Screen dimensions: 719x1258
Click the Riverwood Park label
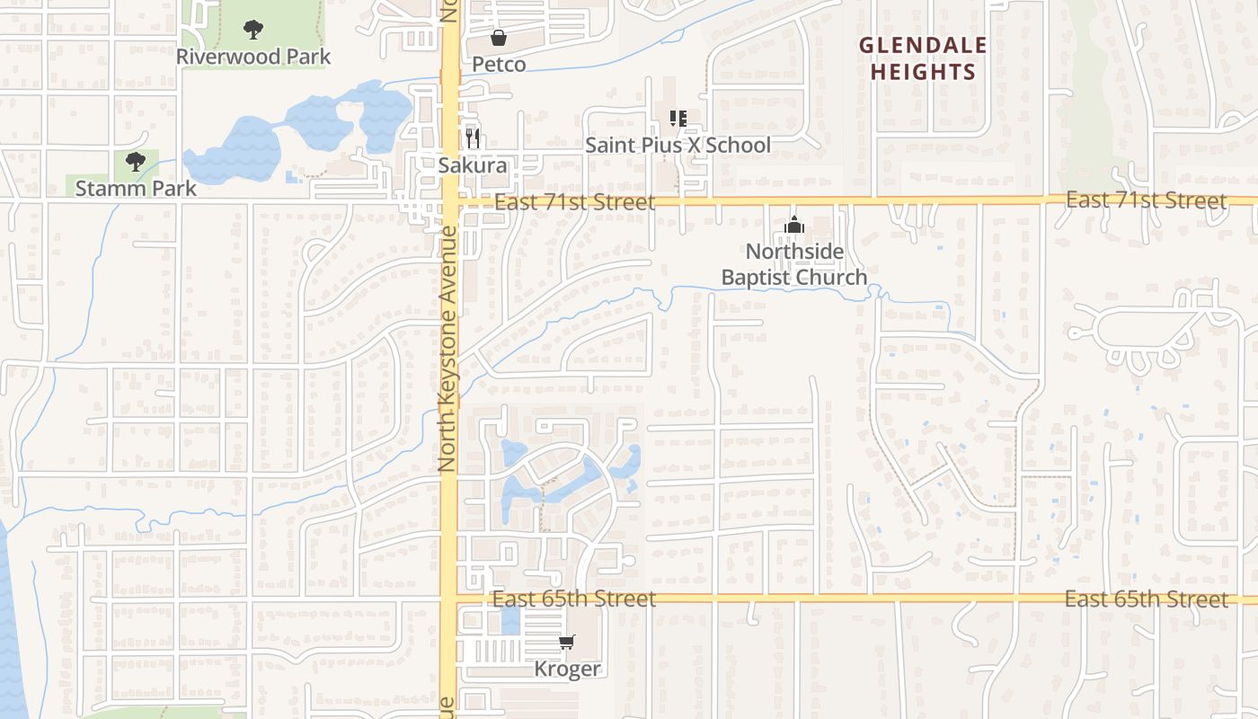pos(253,57)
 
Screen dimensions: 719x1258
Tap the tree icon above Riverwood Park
pos(253,30)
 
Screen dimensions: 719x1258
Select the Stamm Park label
pos(136,188)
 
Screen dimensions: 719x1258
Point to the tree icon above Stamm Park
pos(136,162)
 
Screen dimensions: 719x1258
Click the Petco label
pos(499,65)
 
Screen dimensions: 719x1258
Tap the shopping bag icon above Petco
pos(499,38)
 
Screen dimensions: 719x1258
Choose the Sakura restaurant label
pos(473,165)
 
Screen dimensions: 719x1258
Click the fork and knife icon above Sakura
pos(473,138)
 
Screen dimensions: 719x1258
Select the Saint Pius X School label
pos(678,145)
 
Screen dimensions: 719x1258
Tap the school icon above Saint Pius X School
pos(678,118)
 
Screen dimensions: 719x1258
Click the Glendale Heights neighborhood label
pos(923,58)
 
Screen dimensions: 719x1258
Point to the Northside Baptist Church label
pos(794,263)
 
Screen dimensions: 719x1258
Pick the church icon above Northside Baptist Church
pos(794,225)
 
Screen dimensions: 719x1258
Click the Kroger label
pos(567,669)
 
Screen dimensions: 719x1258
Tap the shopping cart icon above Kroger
pos(567,642)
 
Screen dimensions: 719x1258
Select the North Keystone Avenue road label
pos(447,350)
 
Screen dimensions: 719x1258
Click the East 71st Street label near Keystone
pos(575,202)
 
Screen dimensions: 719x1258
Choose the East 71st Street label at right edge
pos(1146,200)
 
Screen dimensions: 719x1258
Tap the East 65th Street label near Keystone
pos(574,599)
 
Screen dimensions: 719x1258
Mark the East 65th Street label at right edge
pos(1146,599)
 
